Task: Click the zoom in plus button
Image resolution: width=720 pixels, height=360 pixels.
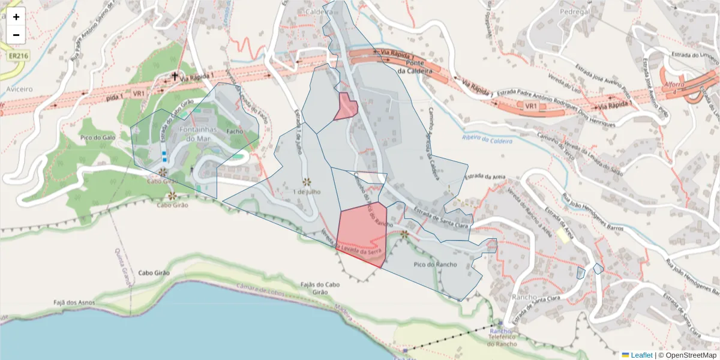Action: (16, 17)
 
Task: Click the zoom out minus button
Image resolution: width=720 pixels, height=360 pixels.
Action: (16, 35)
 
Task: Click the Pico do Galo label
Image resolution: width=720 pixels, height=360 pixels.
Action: (96, 137)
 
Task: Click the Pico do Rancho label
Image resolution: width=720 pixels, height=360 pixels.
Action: (435, 264)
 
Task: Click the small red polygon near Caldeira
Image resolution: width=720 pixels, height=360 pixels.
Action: (346, 107)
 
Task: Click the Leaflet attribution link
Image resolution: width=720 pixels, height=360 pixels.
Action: (641, 355)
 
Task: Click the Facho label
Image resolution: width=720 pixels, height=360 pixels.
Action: (234, 131)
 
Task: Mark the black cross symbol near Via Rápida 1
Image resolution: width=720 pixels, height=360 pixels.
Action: (175, 76)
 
